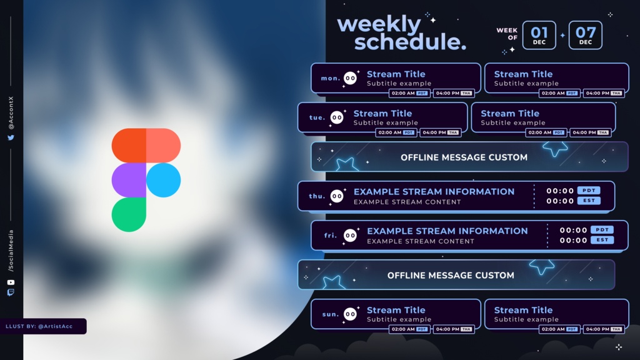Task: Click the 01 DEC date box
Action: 539,35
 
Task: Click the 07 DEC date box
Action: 585,35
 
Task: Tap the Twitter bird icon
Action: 11,137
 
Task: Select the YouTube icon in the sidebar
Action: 11,282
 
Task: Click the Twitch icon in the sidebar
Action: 11,292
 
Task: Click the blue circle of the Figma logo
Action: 163,180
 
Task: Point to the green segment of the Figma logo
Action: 129,215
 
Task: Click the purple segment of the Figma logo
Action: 129,180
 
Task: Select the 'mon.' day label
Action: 331,78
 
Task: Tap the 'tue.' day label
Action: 317,117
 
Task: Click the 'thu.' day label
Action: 317,196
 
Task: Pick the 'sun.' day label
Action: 331,314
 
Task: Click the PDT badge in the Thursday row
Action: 589,191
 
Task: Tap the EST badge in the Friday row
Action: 602,240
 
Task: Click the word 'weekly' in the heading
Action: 379,24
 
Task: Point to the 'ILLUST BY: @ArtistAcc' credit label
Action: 39,326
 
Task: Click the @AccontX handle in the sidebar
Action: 11,113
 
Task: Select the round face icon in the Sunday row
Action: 350,314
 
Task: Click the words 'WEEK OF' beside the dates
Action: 507,34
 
